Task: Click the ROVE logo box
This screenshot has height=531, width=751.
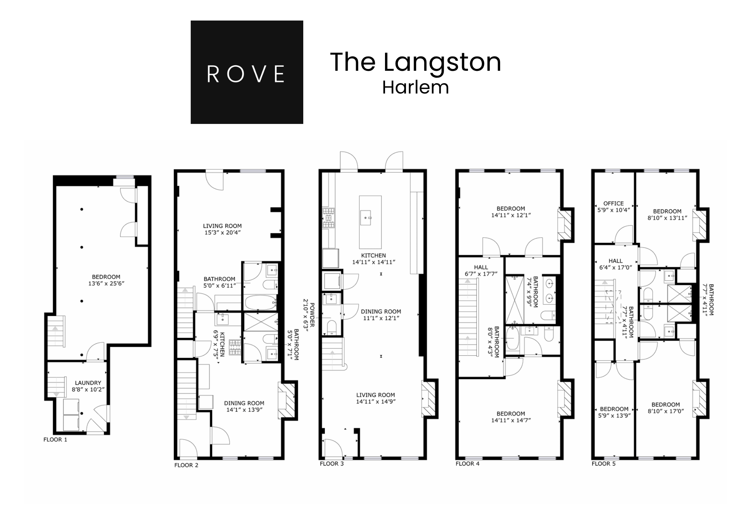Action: point(247,72)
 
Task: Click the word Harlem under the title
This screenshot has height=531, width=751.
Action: point(415,88)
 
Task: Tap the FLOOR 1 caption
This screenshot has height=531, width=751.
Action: point(55,439)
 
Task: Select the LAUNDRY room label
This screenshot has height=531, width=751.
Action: point(88,383)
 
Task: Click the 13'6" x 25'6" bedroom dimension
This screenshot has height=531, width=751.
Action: point(106,283)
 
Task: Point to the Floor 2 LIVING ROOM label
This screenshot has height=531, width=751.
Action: point(222,226)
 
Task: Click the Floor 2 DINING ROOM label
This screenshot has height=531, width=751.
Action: point(244,403)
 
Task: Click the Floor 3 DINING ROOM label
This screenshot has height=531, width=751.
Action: point(381,312)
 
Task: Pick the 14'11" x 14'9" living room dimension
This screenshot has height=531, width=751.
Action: point(375,402)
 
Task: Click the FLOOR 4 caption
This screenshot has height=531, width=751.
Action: point(467,464)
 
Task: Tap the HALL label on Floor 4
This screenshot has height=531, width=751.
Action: point(481,267)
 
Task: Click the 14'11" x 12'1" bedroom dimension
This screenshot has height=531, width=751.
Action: point(511,215)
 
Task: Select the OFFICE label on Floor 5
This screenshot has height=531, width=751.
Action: point(613,203)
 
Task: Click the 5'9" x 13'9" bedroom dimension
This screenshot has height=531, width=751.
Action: point(614,415)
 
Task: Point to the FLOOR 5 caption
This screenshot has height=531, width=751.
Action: point(603,464)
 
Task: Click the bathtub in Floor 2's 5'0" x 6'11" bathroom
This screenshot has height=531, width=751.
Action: point(260,303)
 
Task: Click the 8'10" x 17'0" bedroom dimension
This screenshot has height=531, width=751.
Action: point(666,411)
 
